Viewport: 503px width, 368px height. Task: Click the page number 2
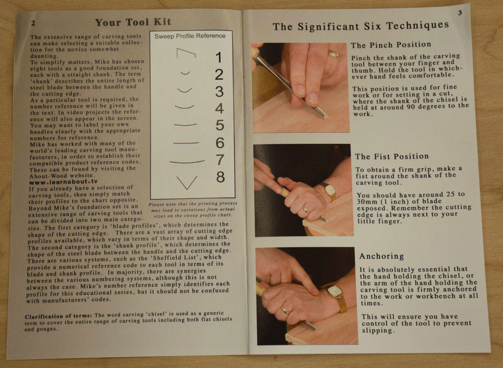[x=33, y=23]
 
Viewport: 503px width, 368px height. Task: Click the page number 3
[x=460, y=13]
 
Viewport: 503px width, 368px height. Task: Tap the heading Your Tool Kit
[x=133, y=22]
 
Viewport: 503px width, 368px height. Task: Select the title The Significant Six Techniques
[x=360, y=26]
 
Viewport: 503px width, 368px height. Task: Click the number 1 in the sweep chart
[x=218, y=57]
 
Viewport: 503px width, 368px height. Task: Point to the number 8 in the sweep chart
[x=220, y=177]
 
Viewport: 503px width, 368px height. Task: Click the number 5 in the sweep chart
[x=219, y=125]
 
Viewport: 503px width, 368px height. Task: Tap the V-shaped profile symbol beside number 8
[x=187, y=182]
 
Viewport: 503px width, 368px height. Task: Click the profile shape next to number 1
[x=185, y=52]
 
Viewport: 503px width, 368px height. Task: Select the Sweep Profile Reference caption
[x=190, y=36]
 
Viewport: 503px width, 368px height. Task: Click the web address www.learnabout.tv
[x=64, y=182]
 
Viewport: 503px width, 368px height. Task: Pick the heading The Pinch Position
[x=390, y=45]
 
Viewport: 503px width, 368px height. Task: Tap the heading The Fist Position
[x=392, y=157]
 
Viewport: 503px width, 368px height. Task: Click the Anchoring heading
[x=382, y=257]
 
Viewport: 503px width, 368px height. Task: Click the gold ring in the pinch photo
[x=334, y=54]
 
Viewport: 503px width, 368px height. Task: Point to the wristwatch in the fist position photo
[x=328, y=191]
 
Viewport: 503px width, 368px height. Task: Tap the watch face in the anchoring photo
[x=336, y=291]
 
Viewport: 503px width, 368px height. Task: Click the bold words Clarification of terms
[x=58, y=316]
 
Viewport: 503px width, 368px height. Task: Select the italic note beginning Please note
[x=192, y=209]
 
